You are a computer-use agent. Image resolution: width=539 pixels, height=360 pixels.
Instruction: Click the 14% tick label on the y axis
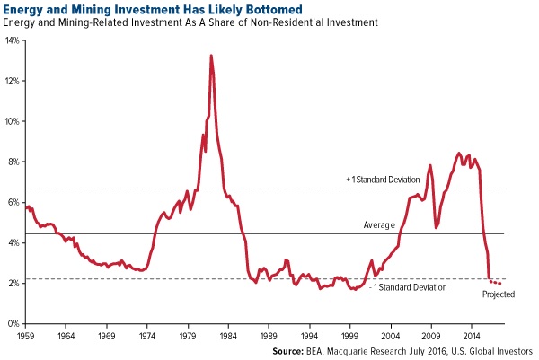[x=13, y=40]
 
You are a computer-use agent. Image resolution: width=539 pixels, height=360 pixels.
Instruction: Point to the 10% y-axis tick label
[x=13, y=121]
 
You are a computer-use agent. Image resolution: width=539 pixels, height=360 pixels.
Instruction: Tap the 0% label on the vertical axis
[x=14, y=323]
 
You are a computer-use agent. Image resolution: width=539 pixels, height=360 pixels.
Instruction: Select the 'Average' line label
[x=379, y=224]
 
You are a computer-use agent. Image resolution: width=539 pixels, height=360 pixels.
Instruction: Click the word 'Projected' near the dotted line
[x=499, y=294]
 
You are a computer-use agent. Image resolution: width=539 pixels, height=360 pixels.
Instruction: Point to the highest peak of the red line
[x=211, y=57]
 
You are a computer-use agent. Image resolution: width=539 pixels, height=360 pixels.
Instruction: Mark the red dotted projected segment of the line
[x=495, y=282]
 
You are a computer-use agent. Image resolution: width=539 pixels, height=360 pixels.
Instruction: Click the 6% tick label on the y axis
[x=14, y=202]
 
